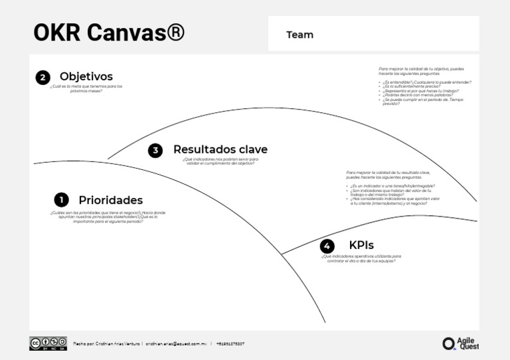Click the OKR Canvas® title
[109, 33]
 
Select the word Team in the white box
[299, 35]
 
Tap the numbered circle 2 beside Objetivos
[42, 78]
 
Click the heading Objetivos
[86, 76]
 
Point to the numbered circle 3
[155, 150]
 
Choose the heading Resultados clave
[220, 149]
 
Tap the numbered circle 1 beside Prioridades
[61, 200]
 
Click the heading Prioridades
[110, 200]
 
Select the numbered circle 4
[327, 246]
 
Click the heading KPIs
[361, 245]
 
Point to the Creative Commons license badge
[48, 343]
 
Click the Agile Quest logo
[460, 343]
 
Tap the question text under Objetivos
[86, 88]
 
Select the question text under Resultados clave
[220, 161]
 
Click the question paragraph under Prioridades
[108, 217]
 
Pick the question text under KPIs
[361, 258]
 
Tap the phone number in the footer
[230, 344]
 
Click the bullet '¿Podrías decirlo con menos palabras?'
[412, 94]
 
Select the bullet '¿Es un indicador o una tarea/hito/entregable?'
[392, 186]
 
